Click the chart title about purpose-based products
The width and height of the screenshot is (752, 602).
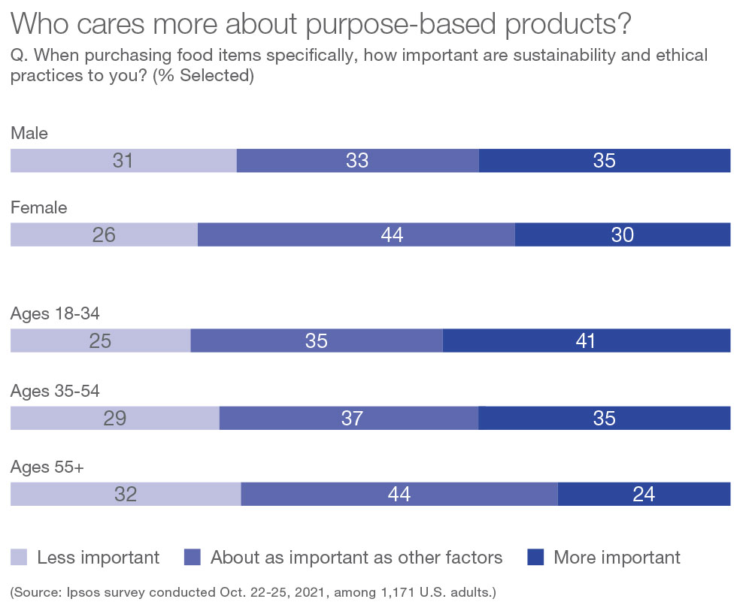click(x=321, y=24)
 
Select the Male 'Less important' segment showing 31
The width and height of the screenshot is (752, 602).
click(x=123, y=161)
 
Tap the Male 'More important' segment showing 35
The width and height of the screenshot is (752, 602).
click(x=605, y=161)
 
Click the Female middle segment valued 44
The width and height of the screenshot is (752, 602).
click(x=356, y=235)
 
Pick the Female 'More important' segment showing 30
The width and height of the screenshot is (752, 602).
click(x=623, y=235)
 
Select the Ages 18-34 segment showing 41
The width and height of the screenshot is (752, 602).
click(x=587, y=341)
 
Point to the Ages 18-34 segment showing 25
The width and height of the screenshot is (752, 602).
click(x=100, y=341)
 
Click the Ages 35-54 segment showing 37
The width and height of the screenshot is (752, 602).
click(x=349, y=418)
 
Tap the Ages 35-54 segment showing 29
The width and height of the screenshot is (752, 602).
click(x=114, y=418)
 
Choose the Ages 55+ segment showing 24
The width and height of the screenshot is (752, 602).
click(x=644, y=495)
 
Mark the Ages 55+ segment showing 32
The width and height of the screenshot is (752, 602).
click(x=126, y=495)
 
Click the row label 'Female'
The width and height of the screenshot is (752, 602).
click(x=38, y=208)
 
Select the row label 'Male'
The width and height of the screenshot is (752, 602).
click(x=29, y=134)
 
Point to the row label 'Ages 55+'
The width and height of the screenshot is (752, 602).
click(x=47, y=467)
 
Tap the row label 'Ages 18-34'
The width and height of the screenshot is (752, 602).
click(x=55, y=314)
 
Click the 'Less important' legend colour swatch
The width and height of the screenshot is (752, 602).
click(x=19, y=557)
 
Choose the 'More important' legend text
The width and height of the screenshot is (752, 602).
click(x=617, y=558)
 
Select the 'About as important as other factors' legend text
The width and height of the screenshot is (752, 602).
click(x=356, y=558)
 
